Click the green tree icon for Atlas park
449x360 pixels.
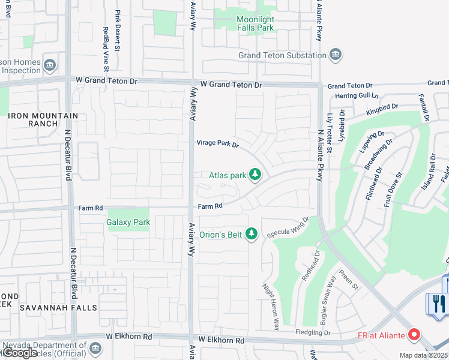[x=255, y=175]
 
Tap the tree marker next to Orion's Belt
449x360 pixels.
[x=252, y=234]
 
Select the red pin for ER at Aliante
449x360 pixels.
[x=414, y=334]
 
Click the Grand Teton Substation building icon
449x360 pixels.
[x=336, y=56]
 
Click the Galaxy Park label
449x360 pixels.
[x=128, y=222]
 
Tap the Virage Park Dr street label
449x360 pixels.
[x=218, y=144]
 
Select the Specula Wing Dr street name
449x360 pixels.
[x=288, y=227]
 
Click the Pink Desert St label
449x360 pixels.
[x=118, y=26]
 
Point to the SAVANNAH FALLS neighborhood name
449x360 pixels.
[x=58, y=308]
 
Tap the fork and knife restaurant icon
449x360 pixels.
[x=438, y=304]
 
